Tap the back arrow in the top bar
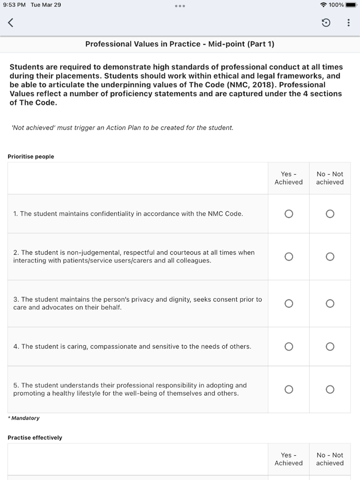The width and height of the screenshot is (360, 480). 10,23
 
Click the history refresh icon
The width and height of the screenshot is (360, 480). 326,23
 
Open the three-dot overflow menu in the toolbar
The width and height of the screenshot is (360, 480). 348,23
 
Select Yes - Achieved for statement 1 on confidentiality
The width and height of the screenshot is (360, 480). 289,214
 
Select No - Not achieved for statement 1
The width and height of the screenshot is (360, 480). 330,214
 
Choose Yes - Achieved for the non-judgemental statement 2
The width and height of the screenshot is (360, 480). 289,256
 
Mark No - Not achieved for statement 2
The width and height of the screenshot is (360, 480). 330,256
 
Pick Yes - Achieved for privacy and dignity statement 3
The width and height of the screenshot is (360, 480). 289,303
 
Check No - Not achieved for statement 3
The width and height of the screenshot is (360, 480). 330,303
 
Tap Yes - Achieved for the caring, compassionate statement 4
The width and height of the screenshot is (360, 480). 289,346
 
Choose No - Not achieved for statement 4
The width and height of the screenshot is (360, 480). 330,346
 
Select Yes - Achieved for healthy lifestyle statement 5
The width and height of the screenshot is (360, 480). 289,389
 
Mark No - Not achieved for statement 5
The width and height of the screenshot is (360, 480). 330,389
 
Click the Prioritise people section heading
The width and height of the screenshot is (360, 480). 31,157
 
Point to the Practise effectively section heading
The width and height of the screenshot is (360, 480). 35,438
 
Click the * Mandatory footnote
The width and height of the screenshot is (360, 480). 24,418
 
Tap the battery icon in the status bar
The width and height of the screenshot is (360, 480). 351,5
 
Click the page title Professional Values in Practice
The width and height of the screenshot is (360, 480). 179,44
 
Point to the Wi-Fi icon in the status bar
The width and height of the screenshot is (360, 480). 323,5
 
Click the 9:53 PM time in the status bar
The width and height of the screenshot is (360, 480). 14,5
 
